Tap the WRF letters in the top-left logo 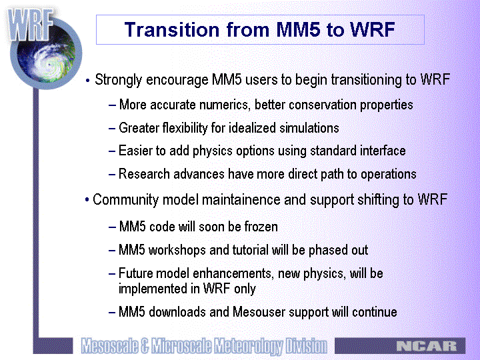(x=30, y=25)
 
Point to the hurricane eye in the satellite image (x=49, y=65)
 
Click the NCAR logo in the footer (x=427, y=346)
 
